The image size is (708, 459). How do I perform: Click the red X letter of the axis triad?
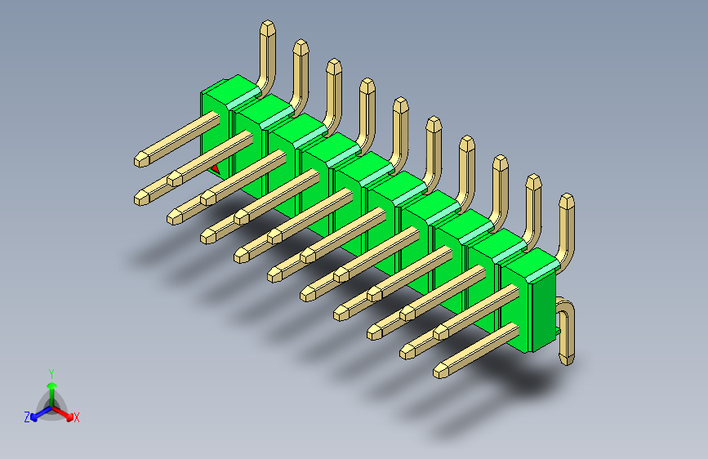(x=77, y=417)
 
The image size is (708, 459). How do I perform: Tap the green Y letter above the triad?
(x=51, y=372)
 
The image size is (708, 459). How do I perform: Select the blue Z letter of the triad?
(x=27, y=417)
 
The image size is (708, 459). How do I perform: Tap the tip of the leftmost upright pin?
(x=267, y=28)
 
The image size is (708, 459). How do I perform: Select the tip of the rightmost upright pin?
(x=566, y=201)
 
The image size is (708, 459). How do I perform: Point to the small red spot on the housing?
(x=216, y=168)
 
